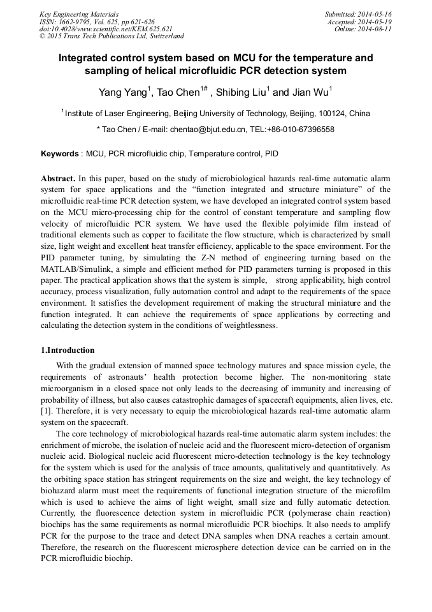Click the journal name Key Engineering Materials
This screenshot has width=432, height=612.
[x=79, y=14]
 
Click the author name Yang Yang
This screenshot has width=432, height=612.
[x=122, y=93]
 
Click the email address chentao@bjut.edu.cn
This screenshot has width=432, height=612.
[x=207, y=130]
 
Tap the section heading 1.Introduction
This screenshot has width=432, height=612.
[x=68, y=350]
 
